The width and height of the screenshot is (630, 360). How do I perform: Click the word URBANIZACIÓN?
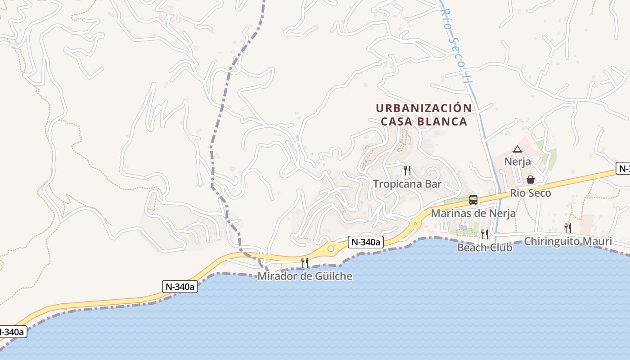[423, 108]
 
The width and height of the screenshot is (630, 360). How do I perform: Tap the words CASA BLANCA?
[423, 121]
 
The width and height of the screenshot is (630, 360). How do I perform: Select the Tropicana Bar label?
[407, 184]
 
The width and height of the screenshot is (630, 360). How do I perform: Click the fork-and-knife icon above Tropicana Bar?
[407, 171]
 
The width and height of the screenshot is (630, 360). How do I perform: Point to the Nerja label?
[517, 162]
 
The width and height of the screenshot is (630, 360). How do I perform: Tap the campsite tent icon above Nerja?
[517, 149]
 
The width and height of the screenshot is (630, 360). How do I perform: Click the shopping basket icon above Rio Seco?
[531, 180]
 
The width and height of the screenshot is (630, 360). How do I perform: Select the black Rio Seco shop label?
[531, 193]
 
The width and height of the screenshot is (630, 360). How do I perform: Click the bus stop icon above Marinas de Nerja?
[473, 200]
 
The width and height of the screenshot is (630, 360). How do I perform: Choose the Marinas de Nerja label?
[473, 213]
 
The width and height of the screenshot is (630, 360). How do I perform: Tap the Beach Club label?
[485, 247]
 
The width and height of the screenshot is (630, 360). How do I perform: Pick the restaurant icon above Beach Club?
[485, 234]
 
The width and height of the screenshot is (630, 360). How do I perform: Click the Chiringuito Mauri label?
[568, 241]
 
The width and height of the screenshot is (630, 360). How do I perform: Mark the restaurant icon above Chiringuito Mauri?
[568, 228]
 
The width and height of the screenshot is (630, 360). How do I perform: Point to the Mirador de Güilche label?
[305, 276]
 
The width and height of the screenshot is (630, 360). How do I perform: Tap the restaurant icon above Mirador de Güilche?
[305, 263]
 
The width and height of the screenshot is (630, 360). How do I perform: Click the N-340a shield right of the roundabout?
[366, 243]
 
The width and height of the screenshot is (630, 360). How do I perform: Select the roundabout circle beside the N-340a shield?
[331, 248]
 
